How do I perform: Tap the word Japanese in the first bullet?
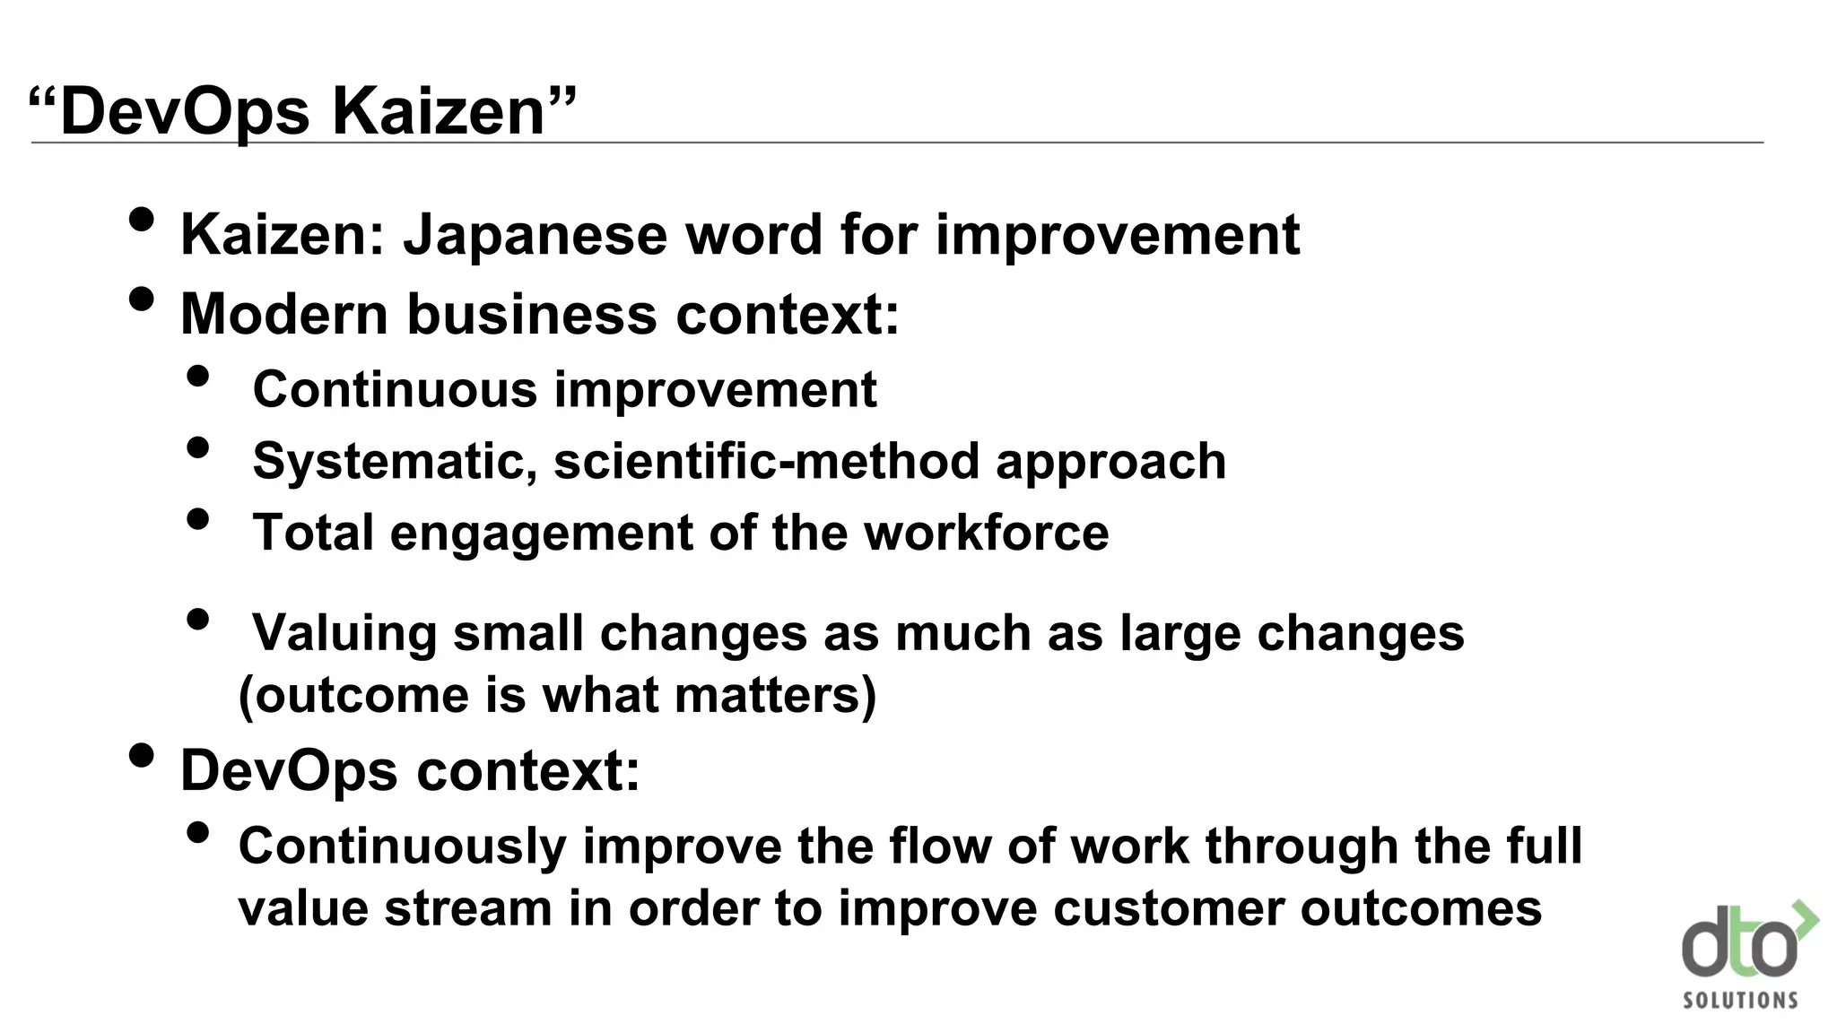click(535, 235)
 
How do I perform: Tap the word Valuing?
click(344, 633)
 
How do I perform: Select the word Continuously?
click(403, 846)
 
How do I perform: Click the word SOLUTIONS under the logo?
click(1740, 1000)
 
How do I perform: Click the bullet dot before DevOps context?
click(142, 755)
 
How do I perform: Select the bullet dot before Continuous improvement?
click(198, 377)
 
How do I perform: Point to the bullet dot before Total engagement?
click(198, 519)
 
